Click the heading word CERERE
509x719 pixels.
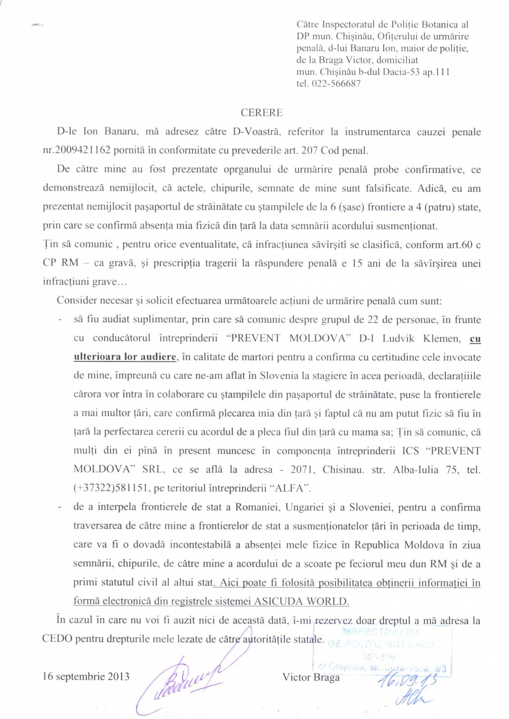261,112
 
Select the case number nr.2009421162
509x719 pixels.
77,151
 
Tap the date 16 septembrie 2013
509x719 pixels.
86,676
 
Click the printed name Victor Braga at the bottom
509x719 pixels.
311,677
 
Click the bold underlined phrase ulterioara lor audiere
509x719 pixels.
125,357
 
